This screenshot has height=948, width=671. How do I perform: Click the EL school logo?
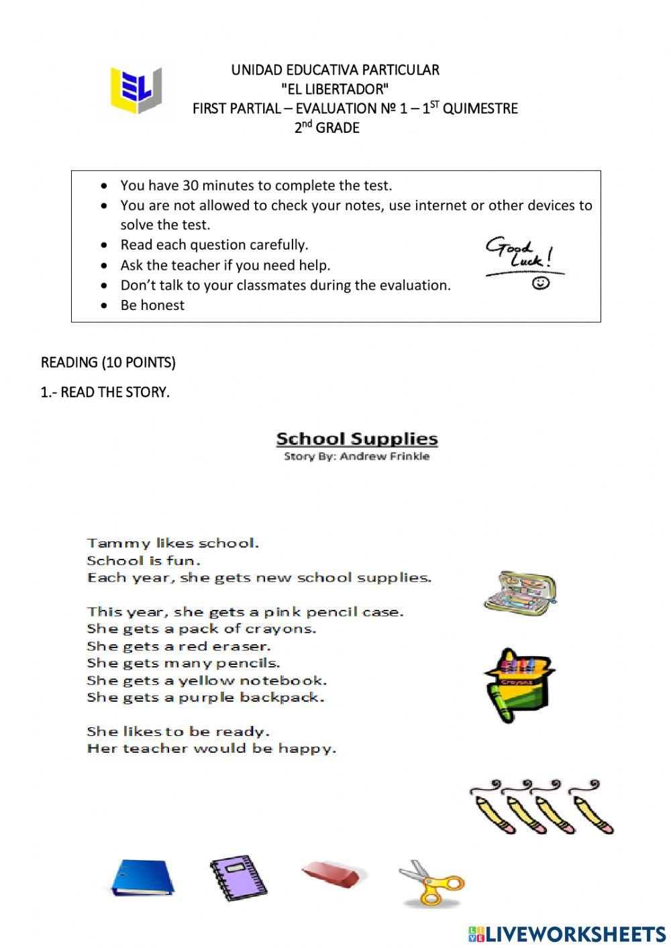pyautogui.click(x=137, y=91)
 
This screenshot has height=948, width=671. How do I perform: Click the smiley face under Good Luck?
pyautogui.click(x=541, y=283)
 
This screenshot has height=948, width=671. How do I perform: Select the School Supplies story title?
pyautogui.click(x=357, y=439)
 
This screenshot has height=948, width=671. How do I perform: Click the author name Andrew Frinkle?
pyautogui.click(x=384, y=456)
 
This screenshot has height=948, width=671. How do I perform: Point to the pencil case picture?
pyautogui.click(x=520, y=592)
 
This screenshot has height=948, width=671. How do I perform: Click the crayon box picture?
pyautogui.click(x=519, y=684)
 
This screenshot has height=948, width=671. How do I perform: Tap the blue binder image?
pyautogui.click(x=142, y=878)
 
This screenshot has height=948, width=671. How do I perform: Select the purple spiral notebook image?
pyautogui.click(x=238, y=878)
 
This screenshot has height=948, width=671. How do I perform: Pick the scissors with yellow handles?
pyautogui.click(x=431, y=882)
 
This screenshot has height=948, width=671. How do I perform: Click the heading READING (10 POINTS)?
pyautogui.click(x=108, y=363)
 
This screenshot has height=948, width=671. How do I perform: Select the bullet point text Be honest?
pyautogui.click(x=152, y=305)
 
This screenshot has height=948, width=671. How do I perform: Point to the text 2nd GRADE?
pyautogui.click(x=327, y=127)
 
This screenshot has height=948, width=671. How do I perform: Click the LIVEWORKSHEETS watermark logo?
pyautogui.click(x=566, y=933)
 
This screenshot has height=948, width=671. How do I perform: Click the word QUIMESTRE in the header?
pyautogui.click(x=480, y=109)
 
